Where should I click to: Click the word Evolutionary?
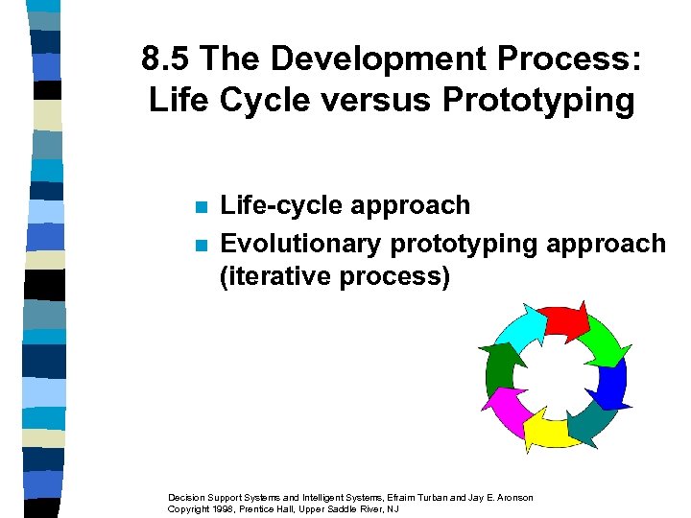coord(301,244)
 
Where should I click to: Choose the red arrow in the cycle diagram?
coord(561,323)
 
